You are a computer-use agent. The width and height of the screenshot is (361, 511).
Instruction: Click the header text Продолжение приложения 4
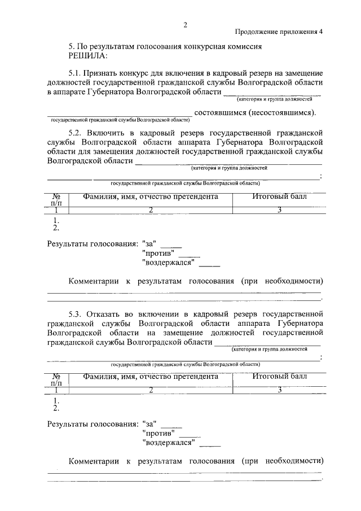(x=279, y=32)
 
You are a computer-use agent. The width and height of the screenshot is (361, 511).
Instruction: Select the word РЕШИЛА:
(x=87, y=56)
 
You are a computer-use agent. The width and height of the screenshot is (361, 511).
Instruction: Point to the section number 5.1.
(x=75, y=74)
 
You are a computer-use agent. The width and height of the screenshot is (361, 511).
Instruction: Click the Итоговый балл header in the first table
(x=279, y=197)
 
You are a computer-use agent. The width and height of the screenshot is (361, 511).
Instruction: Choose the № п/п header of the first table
(x=56, y=199)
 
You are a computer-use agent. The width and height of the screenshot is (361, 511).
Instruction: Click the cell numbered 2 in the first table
(x=151, y=210)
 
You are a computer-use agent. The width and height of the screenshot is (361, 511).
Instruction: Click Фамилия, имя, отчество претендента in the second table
(x=150, y=376)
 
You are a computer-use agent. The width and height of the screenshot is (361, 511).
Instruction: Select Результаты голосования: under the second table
(x=93, y=423)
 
